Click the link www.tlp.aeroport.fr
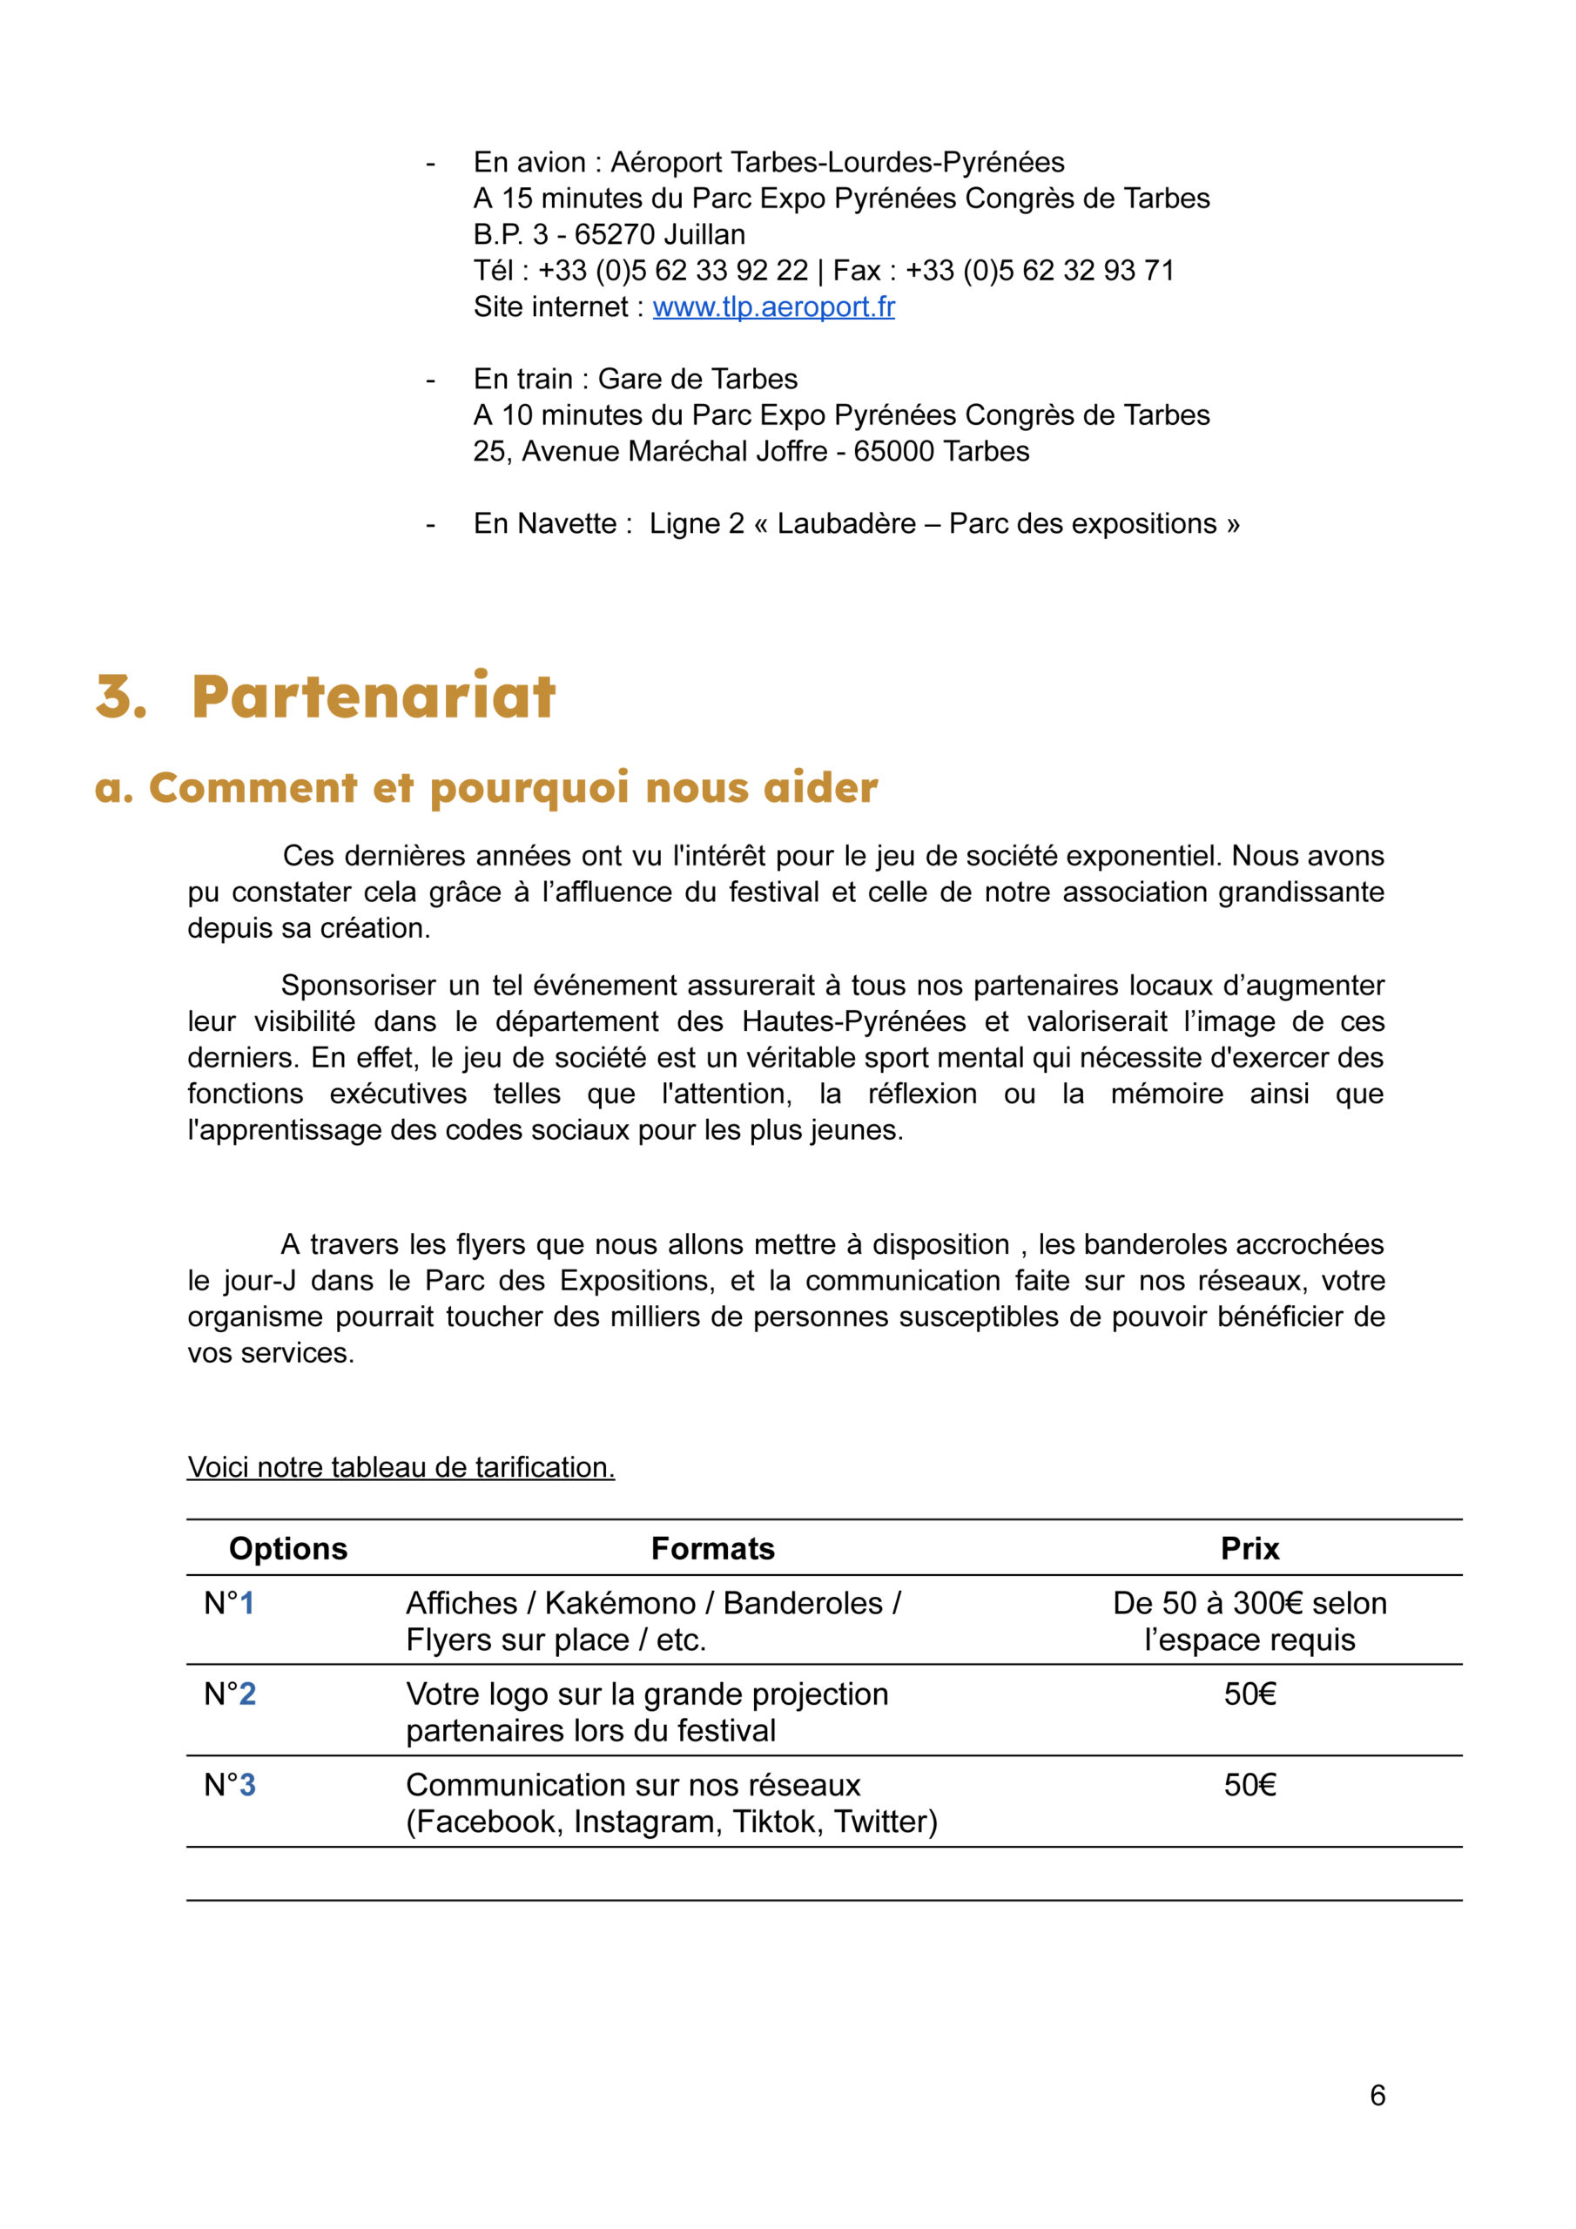(x=773, y=306)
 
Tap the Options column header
(x=287, y=1548)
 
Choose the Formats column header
(x=713, y=1548)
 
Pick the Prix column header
(x=1249, y=1548)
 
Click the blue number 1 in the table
(x=246, y=1603)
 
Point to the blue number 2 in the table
(x=247, y=1694)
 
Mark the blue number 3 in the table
(x=247, y=1784)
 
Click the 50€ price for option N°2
(x=1249, y=1694)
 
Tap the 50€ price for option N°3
(x=1249, y=1784)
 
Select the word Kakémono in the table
(x=621, y=1603)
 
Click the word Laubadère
(x=845, y=524)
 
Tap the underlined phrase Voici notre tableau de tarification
(x=401, y=1467)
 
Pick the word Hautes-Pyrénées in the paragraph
(x=853, y=1021)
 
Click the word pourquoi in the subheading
(x=529, y=788)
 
